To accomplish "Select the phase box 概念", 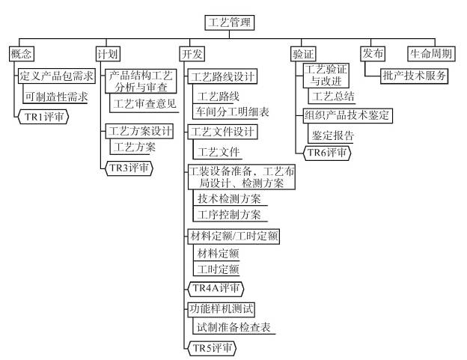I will (22, 54).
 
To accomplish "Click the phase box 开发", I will (193, 54).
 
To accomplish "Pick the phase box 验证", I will (302, 54).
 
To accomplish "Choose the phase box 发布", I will (372, 54).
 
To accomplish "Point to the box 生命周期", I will (432, 54).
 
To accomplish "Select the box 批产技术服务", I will (415, 75).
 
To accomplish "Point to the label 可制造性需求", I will (56, 97).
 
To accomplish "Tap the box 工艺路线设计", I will (222, 76).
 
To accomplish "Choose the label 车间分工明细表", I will (232, 112).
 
